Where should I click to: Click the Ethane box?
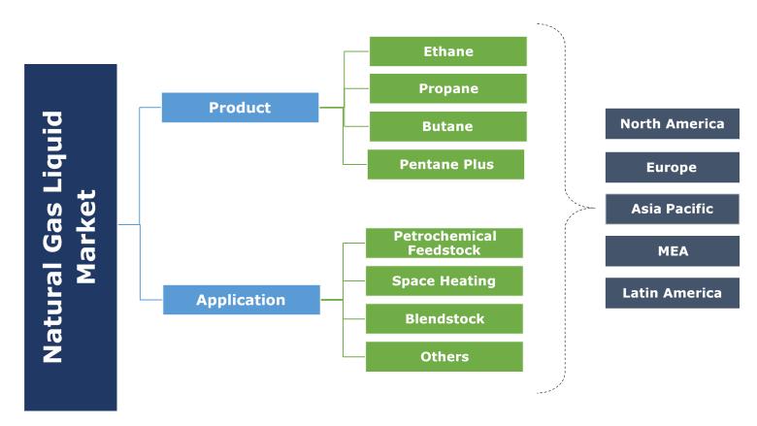click(x=447, y=51)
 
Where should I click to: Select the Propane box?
click(x=447, y=88)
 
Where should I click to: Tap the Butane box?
click(x=447, y=126)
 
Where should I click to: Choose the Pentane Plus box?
click(x=445, y=164)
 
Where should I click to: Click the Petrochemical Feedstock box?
click(x=444, y=243)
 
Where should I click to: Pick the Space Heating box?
click(x=444, y=280)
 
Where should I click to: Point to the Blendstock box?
click(x=444, y=318)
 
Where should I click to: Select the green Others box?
click(x=444, y=356)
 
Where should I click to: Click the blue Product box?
click(x=240, y=108)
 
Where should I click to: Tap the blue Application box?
click(x=241, y=300)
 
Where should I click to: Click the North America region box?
click(x=672, y=123)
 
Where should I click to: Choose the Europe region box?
click(x=672, y=167)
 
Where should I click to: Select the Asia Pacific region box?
click(x=672, y=209)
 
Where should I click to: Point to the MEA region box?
click(x=672, y=250)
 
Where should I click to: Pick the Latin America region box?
click(x=672, y=292)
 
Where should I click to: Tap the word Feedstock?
click(x=444, y=250)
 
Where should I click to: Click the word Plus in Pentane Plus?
click(x=476, y=164)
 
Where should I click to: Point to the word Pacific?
click(x=689, y=209)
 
